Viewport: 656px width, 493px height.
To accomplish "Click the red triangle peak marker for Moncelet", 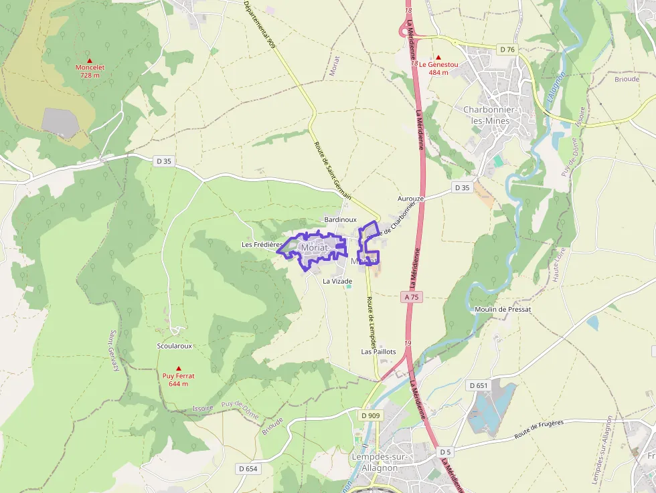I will point(90,60).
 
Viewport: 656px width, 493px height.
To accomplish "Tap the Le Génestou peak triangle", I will point(439,58).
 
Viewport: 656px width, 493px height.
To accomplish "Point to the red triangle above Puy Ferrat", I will point(179,369).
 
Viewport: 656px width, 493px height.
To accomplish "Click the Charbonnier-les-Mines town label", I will point(489,114).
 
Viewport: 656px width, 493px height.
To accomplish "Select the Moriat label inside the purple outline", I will point(315,248).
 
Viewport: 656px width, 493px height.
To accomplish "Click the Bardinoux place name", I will point(340,219).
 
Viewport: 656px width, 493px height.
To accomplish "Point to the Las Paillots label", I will point(378,351).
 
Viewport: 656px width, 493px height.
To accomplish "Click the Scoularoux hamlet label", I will point(174,346).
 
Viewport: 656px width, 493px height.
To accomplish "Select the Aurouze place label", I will point(411,199).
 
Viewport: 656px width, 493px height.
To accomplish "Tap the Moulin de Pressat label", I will point(502,310).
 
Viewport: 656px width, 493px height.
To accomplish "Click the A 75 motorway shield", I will point(412,296).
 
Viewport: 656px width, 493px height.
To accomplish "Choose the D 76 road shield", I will point(507,50).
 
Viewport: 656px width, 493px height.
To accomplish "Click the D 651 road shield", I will point(479,385).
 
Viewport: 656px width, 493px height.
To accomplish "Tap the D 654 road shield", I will point(247,469).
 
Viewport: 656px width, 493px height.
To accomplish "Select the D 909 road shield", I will point(370,415).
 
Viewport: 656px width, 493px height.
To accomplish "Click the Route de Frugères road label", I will point(540,429).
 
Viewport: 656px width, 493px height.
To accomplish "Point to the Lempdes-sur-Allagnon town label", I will point(375,462).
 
